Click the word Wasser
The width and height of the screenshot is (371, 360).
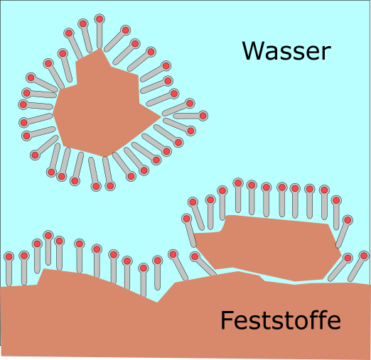pyautogui.click(x=286, y=50)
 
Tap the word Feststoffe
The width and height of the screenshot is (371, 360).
pyautogui.click(x=281, y=320)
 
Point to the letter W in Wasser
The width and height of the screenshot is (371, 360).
pyautogui.click(x=253, y=50)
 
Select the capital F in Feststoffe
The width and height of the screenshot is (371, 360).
pyautogui.click(x=226, y=320)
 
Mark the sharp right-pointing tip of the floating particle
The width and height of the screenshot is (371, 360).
pyautogui.click(x=161, y=116)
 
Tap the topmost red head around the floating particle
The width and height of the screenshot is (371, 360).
pyautogui.click(x=100, y=19)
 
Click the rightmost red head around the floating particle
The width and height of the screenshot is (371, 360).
pyautogui.click(x=203, y=116)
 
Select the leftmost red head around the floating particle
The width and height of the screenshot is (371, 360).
pyautogui.click(x=23, y=104)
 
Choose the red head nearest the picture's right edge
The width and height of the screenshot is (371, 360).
pyautogui.click(x=364, y=256)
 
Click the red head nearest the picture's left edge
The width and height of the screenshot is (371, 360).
pyautogui.click(x=9, y=256)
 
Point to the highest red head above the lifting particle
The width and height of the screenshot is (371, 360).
pyautogui.click(x=238, y=183)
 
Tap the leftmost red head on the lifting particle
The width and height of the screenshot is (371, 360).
pyautogui.click(x=186, y=218)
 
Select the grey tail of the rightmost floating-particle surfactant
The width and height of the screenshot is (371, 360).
pyautogui.click(x=187, y=116)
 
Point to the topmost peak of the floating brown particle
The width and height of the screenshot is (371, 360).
pyautogui.click(x=101, y=49)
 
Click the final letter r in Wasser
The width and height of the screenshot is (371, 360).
pyautogui.click(x=327, y=53)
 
